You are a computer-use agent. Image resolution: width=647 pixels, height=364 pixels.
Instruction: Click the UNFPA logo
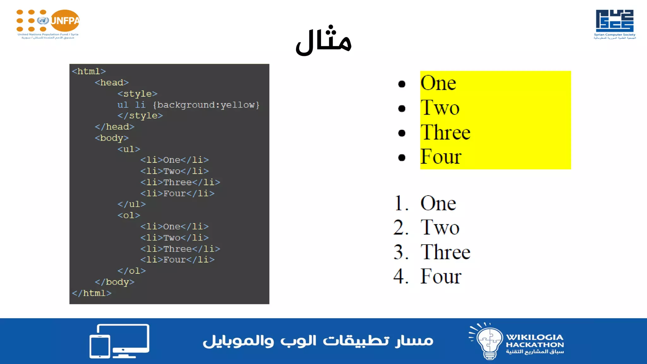click(48, 24)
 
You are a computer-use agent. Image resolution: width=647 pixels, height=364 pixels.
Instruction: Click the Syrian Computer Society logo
click(614, 24)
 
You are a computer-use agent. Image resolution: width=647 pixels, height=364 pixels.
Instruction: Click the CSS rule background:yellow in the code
click(208, 105)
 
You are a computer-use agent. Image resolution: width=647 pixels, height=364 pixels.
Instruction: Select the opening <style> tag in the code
click(137, 94)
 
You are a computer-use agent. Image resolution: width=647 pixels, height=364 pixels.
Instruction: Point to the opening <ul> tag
click(129, 149)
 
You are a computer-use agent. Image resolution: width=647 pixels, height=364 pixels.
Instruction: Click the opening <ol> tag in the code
click(129, 215)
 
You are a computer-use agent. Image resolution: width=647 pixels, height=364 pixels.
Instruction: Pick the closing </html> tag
click(92, 293)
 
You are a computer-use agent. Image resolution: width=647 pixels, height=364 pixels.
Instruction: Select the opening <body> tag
click(112, 138)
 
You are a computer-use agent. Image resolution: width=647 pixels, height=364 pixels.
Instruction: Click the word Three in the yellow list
click(445, 132)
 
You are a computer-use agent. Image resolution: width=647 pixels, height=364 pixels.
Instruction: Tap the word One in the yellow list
click(438, 83)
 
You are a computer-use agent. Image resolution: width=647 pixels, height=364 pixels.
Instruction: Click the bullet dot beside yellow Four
click(402, 157)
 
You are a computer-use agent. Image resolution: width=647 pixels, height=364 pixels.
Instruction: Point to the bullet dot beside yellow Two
click(402, 108)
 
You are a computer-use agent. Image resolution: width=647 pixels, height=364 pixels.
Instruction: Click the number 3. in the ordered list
click(401, 252)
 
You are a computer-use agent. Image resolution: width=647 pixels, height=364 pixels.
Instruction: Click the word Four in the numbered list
click(441, 276)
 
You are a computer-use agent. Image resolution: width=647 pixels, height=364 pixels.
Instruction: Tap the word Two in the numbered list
click(440, 227)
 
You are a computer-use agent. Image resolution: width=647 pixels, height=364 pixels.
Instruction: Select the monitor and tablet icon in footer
click(119, 341)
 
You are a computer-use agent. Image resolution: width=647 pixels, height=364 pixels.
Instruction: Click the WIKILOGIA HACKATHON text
click(535, 341)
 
